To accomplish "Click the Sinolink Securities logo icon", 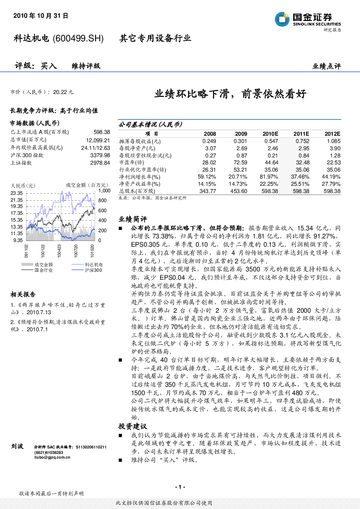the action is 282,19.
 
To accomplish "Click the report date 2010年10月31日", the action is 41,16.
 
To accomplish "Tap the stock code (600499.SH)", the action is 78,38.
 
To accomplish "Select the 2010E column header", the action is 270,134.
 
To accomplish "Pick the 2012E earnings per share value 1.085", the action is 334,141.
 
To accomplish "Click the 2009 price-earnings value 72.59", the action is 240,163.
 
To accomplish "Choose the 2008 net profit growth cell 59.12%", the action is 207,177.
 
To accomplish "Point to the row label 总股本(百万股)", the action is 137,191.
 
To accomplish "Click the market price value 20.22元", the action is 63,92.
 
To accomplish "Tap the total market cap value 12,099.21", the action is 98,140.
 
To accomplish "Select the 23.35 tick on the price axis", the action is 17,193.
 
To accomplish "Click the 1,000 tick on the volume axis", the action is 104,190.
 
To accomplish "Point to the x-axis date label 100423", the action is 59,251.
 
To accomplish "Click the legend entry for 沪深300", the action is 87,270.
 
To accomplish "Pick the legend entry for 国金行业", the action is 37,270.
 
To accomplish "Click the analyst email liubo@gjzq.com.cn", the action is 52,457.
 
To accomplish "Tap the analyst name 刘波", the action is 17,446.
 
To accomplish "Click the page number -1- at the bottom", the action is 180,487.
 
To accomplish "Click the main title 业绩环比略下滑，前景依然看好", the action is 230,94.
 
